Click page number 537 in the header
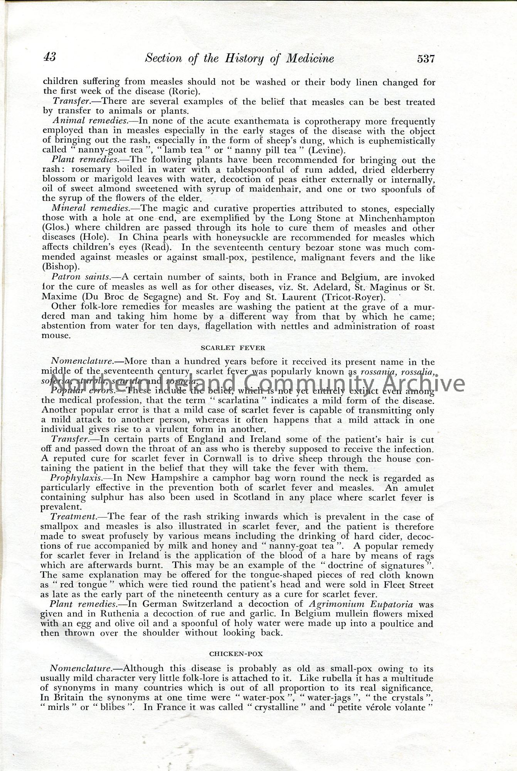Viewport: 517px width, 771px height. point(425,59)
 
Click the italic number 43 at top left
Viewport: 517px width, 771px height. point(50,57)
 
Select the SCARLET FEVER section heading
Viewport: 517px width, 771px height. point(233,348)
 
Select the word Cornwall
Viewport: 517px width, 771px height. point(219,459)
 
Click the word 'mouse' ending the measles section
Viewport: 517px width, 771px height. point(56,335)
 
